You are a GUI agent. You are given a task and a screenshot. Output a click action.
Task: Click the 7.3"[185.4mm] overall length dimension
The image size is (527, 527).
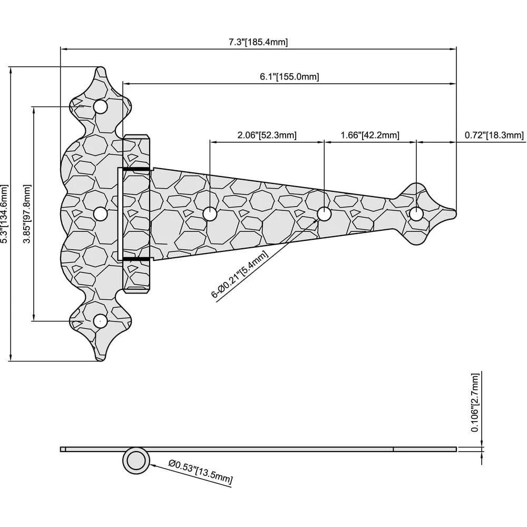(258, 42)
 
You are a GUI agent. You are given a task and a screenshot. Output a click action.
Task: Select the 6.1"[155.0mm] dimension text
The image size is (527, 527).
(289, 76)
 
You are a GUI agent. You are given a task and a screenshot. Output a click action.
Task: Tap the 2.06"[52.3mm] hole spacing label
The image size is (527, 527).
(267, 135)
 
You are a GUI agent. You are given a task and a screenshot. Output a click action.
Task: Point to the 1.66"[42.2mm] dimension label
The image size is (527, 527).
(370, 135)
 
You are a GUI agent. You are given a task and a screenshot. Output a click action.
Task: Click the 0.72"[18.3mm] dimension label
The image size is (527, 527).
(494, 135)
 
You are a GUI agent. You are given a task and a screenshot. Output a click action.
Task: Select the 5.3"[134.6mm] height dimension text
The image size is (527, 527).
(5, 213)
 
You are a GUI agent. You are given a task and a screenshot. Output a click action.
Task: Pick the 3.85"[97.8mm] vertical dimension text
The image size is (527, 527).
(28, 213)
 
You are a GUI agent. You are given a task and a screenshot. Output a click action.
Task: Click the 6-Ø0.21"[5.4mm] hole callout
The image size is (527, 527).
(240, 275)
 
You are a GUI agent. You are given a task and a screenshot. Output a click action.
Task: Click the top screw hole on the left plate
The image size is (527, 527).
(100, 107)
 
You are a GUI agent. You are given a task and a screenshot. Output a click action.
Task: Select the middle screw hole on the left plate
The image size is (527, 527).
(100, 213)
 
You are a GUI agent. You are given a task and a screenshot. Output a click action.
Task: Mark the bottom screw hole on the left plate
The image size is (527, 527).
(100, 320)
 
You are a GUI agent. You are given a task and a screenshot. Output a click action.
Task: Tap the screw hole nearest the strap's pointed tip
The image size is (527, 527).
(416, 214)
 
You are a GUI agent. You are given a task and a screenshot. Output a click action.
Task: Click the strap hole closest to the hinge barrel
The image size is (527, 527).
(210, 213)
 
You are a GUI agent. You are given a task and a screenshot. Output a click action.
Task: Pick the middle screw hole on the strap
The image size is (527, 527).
(324, 213)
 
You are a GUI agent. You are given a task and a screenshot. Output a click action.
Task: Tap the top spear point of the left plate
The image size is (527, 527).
(100, 69)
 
